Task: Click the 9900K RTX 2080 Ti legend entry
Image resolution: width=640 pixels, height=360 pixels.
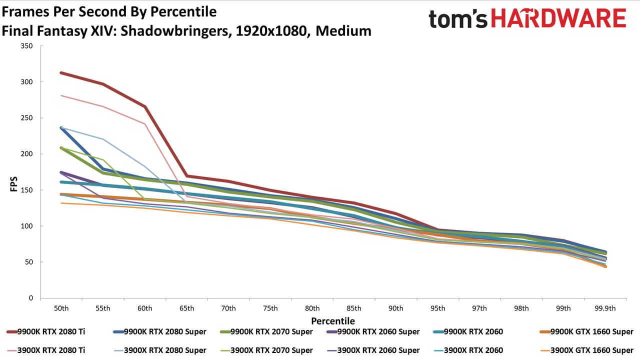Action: coord(45,331)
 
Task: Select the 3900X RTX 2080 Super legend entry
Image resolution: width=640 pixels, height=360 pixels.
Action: coord(160,350)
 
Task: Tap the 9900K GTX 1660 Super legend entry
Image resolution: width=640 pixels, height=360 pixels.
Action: coord(586,331)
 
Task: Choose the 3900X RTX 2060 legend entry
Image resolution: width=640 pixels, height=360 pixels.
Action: coord(468,350)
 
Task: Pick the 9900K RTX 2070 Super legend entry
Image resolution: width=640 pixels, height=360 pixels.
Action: coord(266,331)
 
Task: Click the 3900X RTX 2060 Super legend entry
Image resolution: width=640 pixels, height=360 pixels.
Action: coord(373,350)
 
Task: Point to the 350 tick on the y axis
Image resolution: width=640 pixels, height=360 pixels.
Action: coord(26,46)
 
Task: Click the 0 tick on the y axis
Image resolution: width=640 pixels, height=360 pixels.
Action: coord(30,298)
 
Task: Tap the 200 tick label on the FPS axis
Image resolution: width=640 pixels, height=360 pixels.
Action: coord(26,154)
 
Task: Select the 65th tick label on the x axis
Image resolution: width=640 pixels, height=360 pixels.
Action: coord(186,308)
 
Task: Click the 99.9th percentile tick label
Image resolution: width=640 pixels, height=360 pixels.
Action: coord(605,308)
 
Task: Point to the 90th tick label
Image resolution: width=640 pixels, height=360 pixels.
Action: coord(395,308)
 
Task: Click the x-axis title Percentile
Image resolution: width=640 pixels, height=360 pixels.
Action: coord(333,321)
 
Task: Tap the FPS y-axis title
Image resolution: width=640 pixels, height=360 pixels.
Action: coord(13,184)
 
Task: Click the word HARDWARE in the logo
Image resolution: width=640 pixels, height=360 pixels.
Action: coord(559,18)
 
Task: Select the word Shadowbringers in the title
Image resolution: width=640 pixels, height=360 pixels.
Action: coord(175,31)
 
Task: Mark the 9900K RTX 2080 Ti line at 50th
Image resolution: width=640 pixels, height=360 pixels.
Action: coord(61,73)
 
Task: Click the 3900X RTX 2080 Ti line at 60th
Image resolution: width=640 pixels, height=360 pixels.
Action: coord(145,124)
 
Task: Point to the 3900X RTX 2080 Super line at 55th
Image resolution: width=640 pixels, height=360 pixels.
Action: coord(103,139)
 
